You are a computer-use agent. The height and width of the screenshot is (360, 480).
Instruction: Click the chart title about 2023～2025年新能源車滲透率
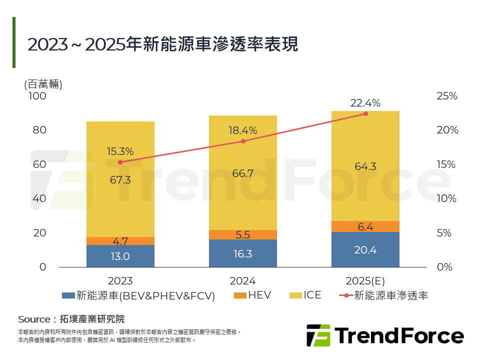[x=162, y=44]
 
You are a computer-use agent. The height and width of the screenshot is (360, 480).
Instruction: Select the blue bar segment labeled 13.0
[x=120, y=256]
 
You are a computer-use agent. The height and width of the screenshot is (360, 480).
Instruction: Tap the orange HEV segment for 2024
[x=243, y=235]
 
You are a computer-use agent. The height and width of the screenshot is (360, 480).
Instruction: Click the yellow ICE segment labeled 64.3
[x=365, y=166]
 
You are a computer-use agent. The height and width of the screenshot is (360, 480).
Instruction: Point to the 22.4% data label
[x=365, y=103]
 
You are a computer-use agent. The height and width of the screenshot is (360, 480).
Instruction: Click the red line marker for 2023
[x=120, y=162]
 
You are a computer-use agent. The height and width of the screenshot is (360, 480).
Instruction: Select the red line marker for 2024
[x=243, y=141]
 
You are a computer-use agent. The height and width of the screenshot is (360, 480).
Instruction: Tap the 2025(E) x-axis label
[x=365, y=281]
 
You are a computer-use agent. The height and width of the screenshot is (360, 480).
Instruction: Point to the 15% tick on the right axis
[x=447, y=164]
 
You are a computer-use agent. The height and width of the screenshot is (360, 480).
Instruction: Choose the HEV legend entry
[x=252, y=295]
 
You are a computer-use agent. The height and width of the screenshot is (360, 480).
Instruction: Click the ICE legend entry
[x=305, y=295]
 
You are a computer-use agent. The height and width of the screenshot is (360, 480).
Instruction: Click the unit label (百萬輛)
[x=43, y=84]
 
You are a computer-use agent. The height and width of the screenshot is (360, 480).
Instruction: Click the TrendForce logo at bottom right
[x=385, y=335]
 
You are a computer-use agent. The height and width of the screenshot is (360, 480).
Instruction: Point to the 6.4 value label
[x=365, y=227]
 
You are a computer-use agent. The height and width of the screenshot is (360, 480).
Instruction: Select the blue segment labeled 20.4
[x=365, y=250]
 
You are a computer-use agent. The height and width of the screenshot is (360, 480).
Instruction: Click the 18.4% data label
[x=243, y=130]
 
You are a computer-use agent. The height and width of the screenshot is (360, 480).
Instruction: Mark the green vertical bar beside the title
[x=14, y=42]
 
